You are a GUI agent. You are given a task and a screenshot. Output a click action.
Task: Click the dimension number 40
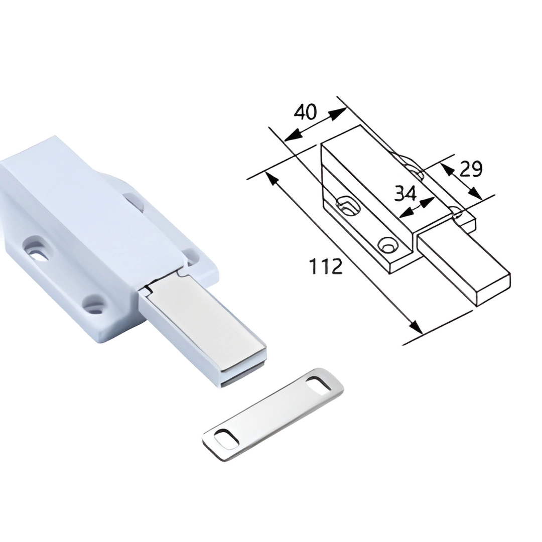[x=305, y=112]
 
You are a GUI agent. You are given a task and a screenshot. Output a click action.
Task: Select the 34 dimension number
[x=405, y=193]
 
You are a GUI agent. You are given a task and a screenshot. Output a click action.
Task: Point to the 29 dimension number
[x=471, y=169]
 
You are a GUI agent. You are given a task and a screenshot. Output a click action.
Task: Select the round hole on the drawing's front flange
[x=387, y=245]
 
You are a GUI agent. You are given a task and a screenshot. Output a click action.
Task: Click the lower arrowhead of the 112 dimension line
[x=416, y=327]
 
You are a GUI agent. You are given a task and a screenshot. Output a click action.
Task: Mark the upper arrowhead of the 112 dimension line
[x=272, y=178]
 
